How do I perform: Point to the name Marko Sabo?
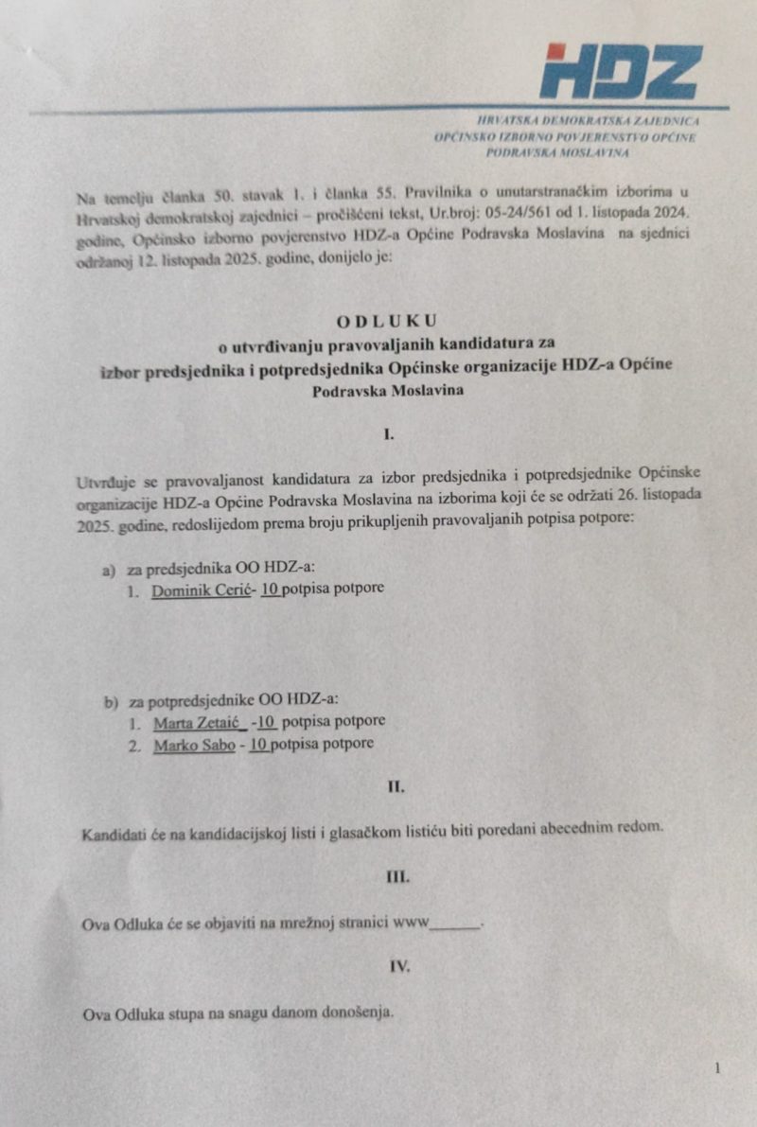pos(193,744)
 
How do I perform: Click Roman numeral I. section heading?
pos(388,436)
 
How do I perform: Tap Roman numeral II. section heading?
pos(396,786)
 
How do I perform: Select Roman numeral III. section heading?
pos(397,876)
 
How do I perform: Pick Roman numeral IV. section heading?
pos(398,966)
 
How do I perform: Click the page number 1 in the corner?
pos(717,1068)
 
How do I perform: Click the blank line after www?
pos(455,923)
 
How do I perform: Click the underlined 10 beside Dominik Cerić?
pos(271,592)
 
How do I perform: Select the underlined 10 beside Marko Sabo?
pos(258,744)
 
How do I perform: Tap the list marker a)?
pos(108,572)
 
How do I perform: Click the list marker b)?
pos(112,701)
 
